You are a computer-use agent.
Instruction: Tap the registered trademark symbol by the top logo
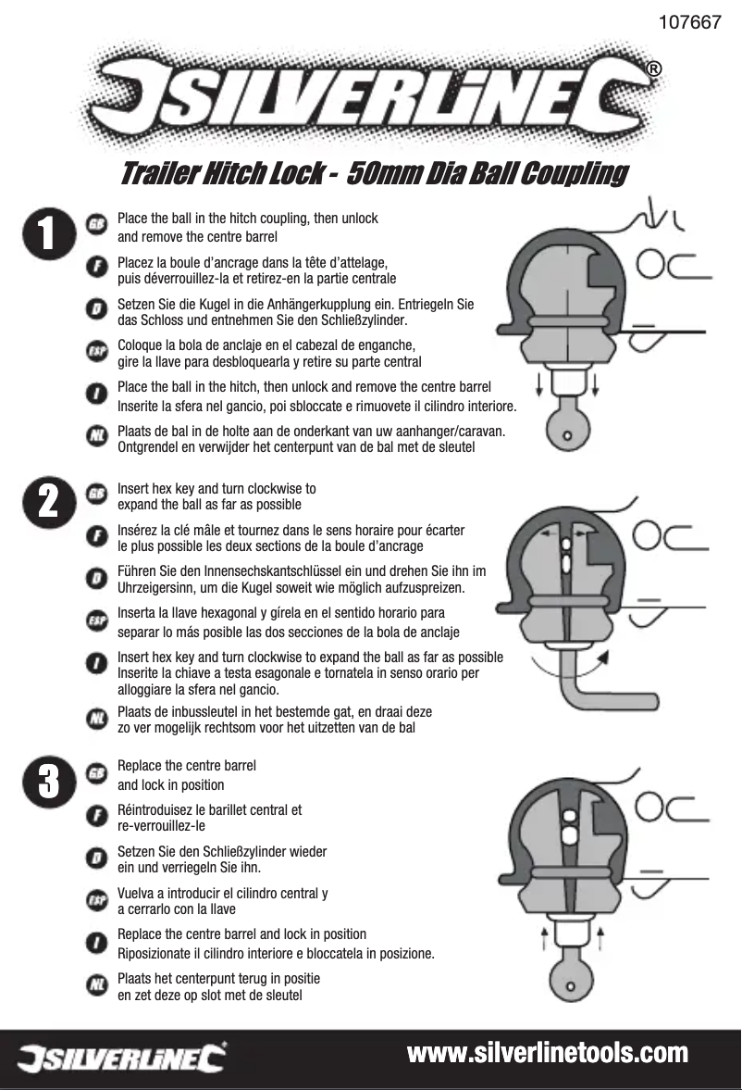pos(653,70)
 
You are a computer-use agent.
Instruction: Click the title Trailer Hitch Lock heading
pos(374,174)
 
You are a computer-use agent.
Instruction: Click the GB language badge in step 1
pos(95,224)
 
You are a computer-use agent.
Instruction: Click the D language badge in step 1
pos(95,307)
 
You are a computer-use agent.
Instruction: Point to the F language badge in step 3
pos(95,816)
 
